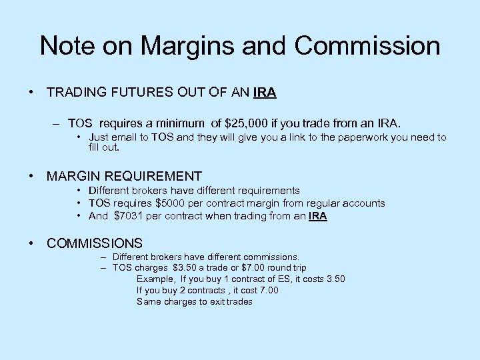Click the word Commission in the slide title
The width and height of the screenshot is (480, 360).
point(367,46)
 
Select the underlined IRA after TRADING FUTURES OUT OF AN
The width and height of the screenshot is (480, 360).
point(265,93)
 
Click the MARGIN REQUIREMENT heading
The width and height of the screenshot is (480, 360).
point(124,177)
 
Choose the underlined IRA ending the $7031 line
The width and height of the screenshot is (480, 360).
point(318,216)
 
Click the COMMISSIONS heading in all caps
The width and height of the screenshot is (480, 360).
point(94,243)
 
